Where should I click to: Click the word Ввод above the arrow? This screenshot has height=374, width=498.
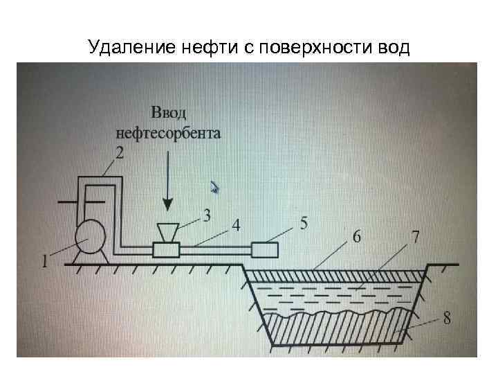168,113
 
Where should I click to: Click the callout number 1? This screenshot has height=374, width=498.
45,261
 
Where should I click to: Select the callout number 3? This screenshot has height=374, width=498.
206,215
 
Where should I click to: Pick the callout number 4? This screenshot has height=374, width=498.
235,226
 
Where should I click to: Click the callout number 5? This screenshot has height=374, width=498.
302,223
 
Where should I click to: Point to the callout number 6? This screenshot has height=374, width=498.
356,236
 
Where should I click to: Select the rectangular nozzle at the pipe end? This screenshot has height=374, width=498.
265,249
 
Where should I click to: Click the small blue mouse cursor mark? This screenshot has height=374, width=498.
215,186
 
